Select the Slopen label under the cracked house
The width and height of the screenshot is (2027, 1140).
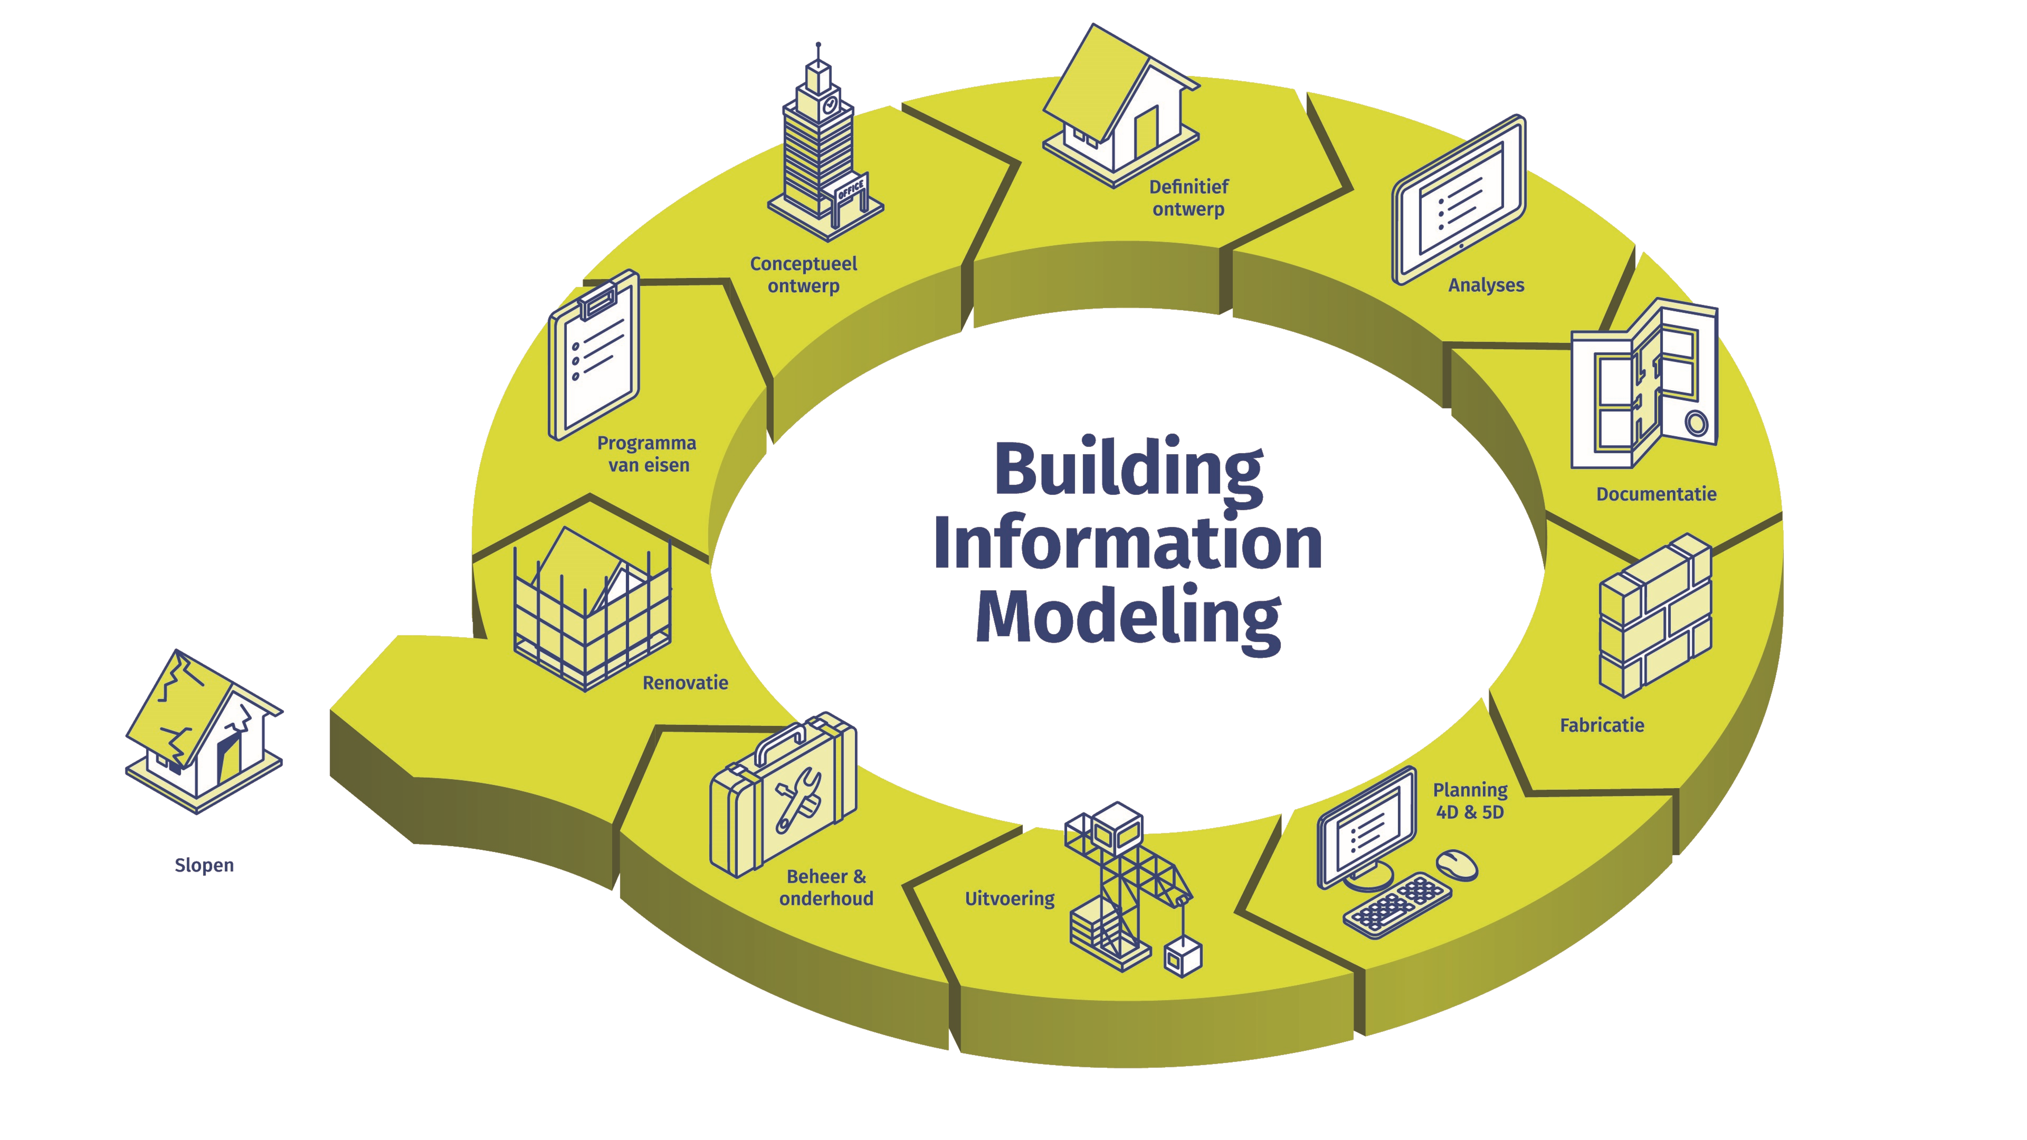pyautogui.click(x=204, y=865)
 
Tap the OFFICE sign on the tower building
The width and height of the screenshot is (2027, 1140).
pyautogui.click(x=851, y=190)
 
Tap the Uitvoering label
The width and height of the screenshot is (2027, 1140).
pyautogui.click(x=1010, y=898)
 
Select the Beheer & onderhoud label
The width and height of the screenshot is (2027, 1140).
pyautogui.click(x=826, y=888)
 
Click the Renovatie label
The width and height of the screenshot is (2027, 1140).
pyautogui.click(x=685, y=683)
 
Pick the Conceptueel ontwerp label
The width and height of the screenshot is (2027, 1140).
pyautogui.click(x=803, y=275)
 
